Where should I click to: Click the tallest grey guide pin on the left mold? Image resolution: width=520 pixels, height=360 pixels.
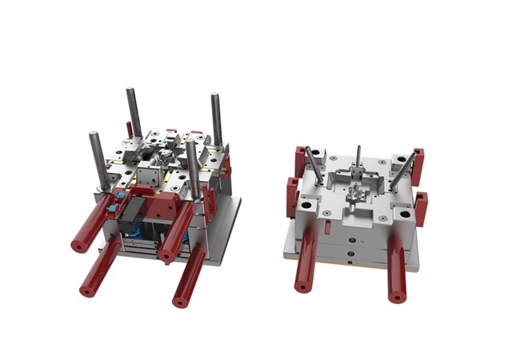[133, 112]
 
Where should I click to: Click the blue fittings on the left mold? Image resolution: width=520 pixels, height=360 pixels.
[119, 195]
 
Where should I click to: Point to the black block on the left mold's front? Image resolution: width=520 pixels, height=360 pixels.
[133, 212]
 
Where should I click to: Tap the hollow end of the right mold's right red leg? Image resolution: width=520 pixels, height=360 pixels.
[396, 298]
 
